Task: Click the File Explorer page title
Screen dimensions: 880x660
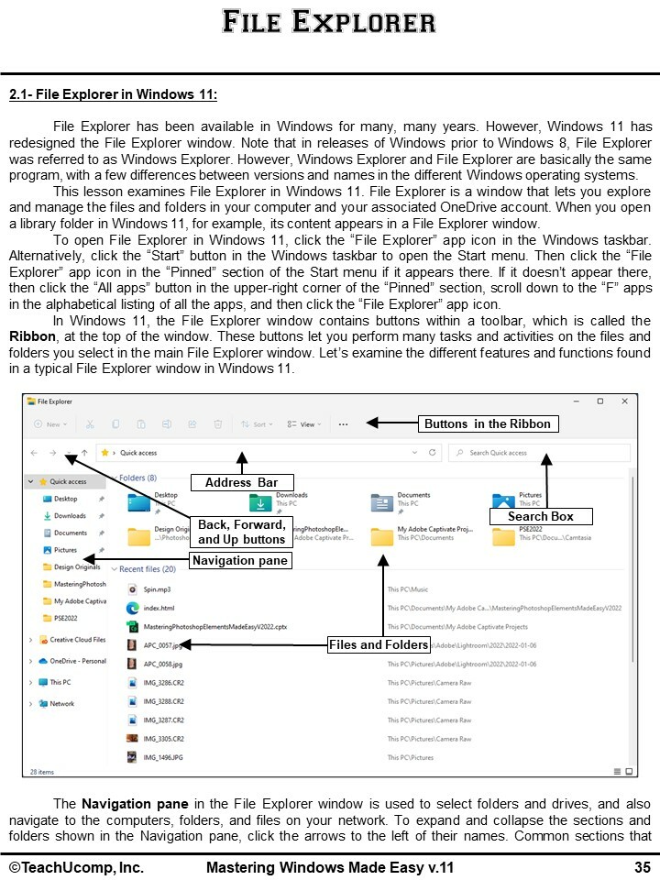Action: coord(329,21)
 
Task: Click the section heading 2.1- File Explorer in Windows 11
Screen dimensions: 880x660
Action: coord(114,94)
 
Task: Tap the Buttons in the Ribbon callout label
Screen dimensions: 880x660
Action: coord(487,423)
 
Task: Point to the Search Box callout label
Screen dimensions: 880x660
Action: coord(541,516)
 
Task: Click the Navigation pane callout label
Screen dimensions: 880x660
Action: coord(240,560)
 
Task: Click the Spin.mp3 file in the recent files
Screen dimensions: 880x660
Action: coord(157,589)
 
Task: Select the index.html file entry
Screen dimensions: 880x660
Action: coord(159,608)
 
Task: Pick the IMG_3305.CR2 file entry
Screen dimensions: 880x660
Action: coord(163,739)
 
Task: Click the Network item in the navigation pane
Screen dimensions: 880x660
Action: coord(62,704)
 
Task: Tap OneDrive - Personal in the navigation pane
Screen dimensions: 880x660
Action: coord(77,661)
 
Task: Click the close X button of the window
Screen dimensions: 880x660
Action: coord(624,401)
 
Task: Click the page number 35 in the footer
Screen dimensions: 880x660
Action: coord(642,867)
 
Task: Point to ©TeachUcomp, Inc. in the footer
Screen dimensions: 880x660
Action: coord(77,867)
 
